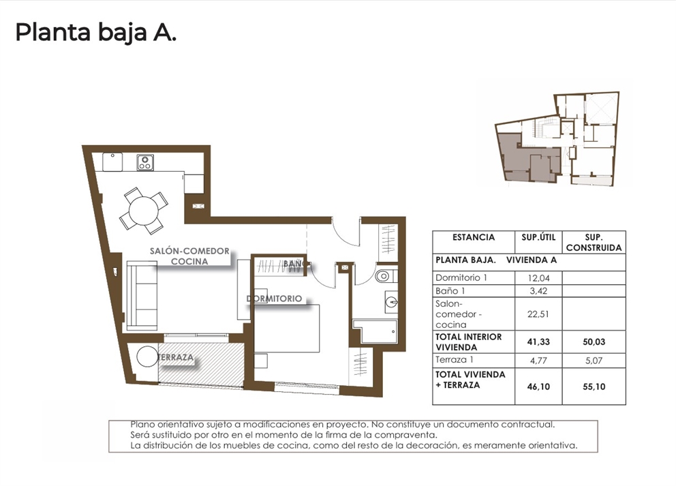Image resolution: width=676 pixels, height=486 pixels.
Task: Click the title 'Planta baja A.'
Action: tap(96, 32)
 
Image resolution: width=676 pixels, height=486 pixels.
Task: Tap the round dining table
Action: tap(143, 209)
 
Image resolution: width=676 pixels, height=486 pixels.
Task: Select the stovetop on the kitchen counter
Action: tap(144, 162)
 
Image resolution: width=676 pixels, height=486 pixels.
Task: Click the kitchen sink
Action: tap(112, 162)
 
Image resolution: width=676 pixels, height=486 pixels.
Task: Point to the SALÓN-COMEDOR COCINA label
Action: tap(189, 256)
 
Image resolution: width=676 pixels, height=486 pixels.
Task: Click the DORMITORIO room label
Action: tap(274, 299)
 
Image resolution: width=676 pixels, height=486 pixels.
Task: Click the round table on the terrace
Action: tap(147, 356)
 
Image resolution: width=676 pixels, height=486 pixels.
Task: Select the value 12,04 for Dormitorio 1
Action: tap(539, 278)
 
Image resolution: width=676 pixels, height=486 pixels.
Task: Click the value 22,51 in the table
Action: tap(539, 315)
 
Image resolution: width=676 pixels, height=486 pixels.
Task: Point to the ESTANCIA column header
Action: tap(474, 237)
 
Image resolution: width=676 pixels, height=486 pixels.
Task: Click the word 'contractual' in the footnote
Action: tap(525, 424)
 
